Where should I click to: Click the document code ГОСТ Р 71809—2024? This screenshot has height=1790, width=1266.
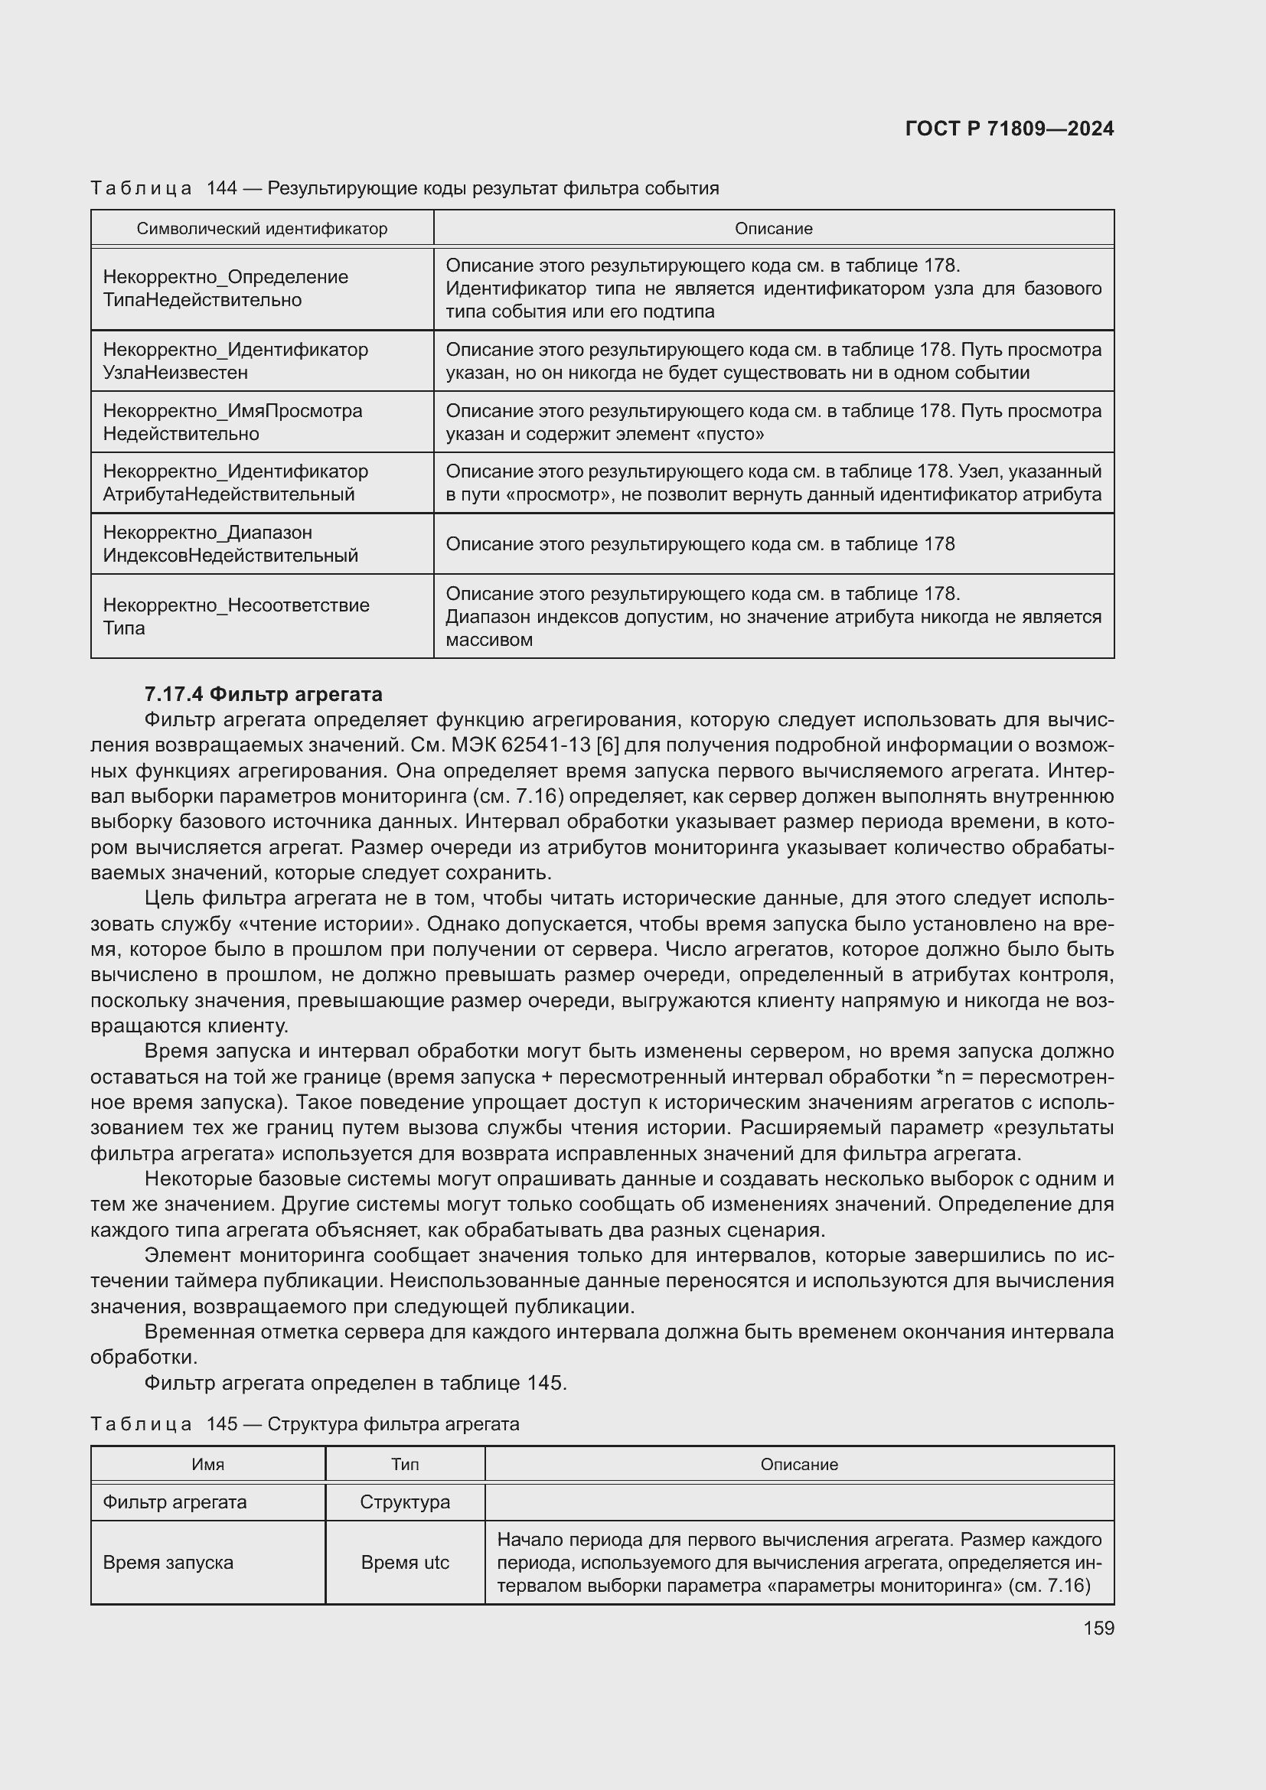(x=1009, y=129)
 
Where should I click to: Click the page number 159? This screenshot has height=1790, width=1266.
(x=1098, y=1628)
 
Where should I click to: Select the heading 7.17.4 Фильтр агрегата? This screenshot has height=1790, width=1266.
(x=263, y=694)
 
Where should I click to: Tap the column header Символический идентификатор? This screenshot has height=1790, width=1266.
(x=262, y=228)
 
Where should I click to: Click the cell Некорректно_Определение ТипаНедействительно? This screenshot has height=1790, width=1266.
(x=226, y=289)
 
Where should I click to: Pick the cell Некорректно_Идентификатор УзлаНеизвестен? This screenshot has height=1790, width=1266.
(x=236, y=361)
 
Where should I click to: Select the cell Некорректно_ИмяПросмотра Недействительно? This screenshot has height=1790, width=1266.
(x=233, y=422)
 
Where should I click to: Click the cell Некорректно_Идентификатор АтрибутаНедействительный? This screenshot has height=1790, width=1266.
(x=236, y=483)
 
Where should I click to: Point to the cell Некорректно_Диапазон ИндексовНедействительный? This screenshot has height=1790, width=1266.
(x=230, y=544)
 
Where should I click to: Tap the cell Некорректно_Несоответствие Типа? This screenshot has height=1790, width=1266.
(x=237, y=617)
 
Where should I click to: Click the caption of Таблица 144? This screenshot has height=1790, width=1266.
(x=405, y=188)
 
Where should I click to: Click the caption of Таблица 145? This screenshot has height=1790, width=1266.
(x=305, y=1424)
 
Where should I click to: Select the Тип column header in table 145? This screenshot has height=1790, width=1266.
(x=405, y=1464)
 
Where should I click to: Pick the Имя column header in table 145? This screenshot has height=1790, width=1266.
(x=208, y=1464)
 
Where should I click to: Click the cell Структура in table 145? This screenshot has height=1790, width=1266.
(x=405, y=1501)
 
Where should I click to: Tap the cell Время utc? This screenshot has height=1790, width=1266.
(x=405, y=1563)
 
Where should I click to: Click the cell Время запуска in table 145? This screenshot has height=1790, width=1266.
(x=168, y=1563)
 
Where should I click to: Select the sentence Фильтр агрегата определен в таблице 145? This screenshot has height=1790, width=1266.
(x=355, y=1383)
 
